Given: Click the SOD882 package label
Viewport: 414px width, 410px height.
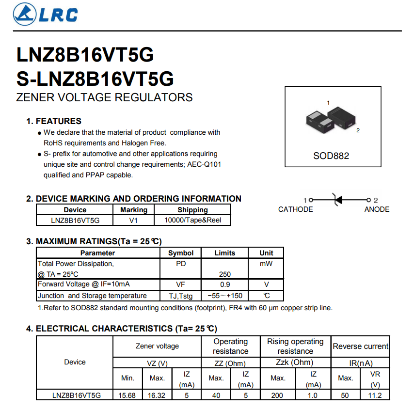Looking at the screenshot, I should pyautogui.click(x=331, y=156).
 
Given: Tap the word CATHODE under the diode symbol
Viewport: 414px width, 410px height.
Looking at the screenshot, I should pyautogui.click(x=295, y=209).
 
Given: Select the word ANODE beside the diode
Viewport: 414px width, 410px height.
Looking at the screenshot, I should pyautogui.click(x=377, y=209).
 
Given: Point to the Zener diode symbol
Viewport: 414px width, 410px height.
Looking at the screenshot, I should pyautogui.click(x=338, y=199).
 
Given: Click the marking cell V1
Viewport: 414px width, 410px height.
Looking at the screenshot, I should pyautogui.click(x=133, y=220).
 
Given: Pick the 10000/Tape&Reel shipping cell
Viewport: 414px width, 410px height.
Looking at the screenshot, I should pyautogui.click(x=192, y=220).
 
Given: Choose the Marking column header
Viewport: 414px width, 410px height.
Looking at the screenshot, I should pyautogui.click(x=133, y=210).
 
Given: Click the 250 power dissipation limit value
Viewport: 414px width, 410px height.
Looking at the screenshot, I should pyautogui.click(x=224, y=274).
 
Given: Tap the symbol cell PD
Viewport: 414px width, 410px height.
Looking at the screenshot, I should pyautogui.click(x=180, y=264).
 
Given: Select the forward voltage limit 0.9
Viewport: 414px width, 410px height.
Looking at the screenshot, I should pyautogui.click(x=224, y=284).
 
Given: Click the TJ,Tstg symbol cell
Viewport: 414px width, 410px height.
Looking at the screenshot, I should pyautogui.click(x=180, y=296).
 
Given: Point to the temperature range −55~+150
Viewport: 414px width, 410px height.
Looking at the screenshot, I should pyautogui.click(x=224, y=296).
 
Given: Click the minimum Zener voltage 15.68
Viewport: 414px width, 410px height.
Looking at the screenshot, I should pyautogui.click(x=127, y=395).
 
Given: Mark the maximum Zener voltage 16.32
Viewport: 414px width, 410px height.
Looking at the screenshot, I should pyautogui.click(x=156, y=395).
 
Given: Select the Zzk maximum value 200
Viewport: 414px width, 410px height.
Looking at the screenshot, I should pyautogui.click(x=277, y=395).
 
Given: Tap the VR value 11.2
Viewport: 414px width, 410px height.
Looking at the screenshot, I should pyautogui.click(x=375, y=395).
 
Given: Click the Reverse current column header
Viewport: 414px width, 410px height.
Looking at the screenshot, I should pyautogui.click(x=360, y=347).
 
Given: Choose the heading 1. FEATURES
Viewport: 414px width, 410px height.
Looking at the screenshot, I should pyautogui.click(x=53, y=121).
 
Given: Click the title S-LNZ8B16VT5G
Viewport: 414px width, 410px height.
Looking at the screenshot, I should pyautogui.click(x=95, y=79).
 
